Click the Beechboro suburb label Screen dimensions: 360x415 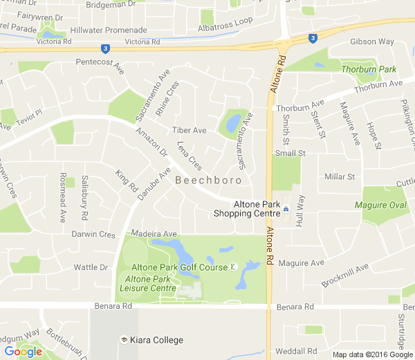(x=208, y=180)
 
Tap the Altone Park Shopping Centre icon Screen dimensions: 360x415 (x=286, y=206)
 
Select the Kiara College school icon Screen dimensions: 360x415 (x=124, y=340)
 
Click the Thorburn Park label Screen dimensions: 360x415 (x=369, y=69)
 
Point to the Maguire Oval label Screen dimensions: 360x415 (x=380, y=205)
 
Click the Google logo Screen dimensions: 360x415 (x=23, y=352)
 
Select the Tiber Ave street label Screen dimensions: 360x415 (x=190, y=130)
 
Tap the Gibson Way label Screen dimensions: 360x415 (x=372, y=42)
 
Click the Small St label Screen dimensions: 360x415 (x=290, y=153)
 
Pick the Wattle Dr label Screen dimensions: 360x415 (x=91, y=267)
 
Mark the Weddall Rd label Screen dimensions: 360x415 (x=295, y=351)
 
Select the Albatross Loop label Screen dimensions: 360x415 (x=225, y=23)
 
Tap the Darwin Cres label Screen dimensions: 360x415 (x=93, y=235)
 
